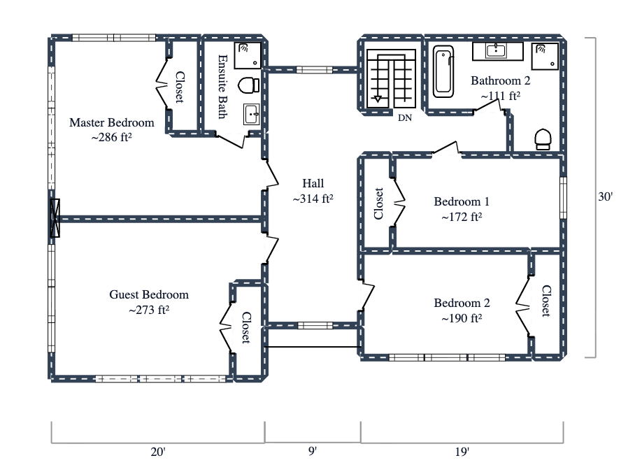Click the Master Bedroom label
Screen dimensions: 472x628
pos(111,123)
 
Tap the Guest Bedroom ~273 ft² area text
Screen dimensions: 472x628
pos(149,309)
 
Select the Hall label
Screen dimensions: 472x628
pos(313,183)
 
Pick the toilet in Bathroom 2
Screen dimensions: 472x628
pos(543,139)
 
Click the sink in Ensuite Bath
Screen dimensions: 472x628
pos(252,114)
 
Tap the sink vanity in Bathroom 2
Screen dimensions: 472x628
pos(497,50)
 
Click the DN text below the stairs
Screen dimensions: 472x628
pos(405,117)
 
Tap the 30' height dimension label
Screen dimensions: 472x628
pos(605,197)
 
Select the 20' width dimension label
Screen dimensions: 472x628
pos(158,452)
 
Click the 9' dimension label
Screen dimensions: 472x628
pos(312,452)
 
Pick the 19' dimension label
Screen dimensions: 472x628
pos(462,452)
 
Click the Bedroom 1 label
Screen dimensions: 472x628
pos(462,202)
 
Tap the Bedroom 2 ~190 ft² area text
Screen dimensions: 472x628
pos(462,318)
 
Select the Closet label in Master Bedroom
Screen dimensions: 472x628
pos(180,87)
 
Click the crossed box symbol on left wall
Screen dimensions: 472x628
pos(55,219)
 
